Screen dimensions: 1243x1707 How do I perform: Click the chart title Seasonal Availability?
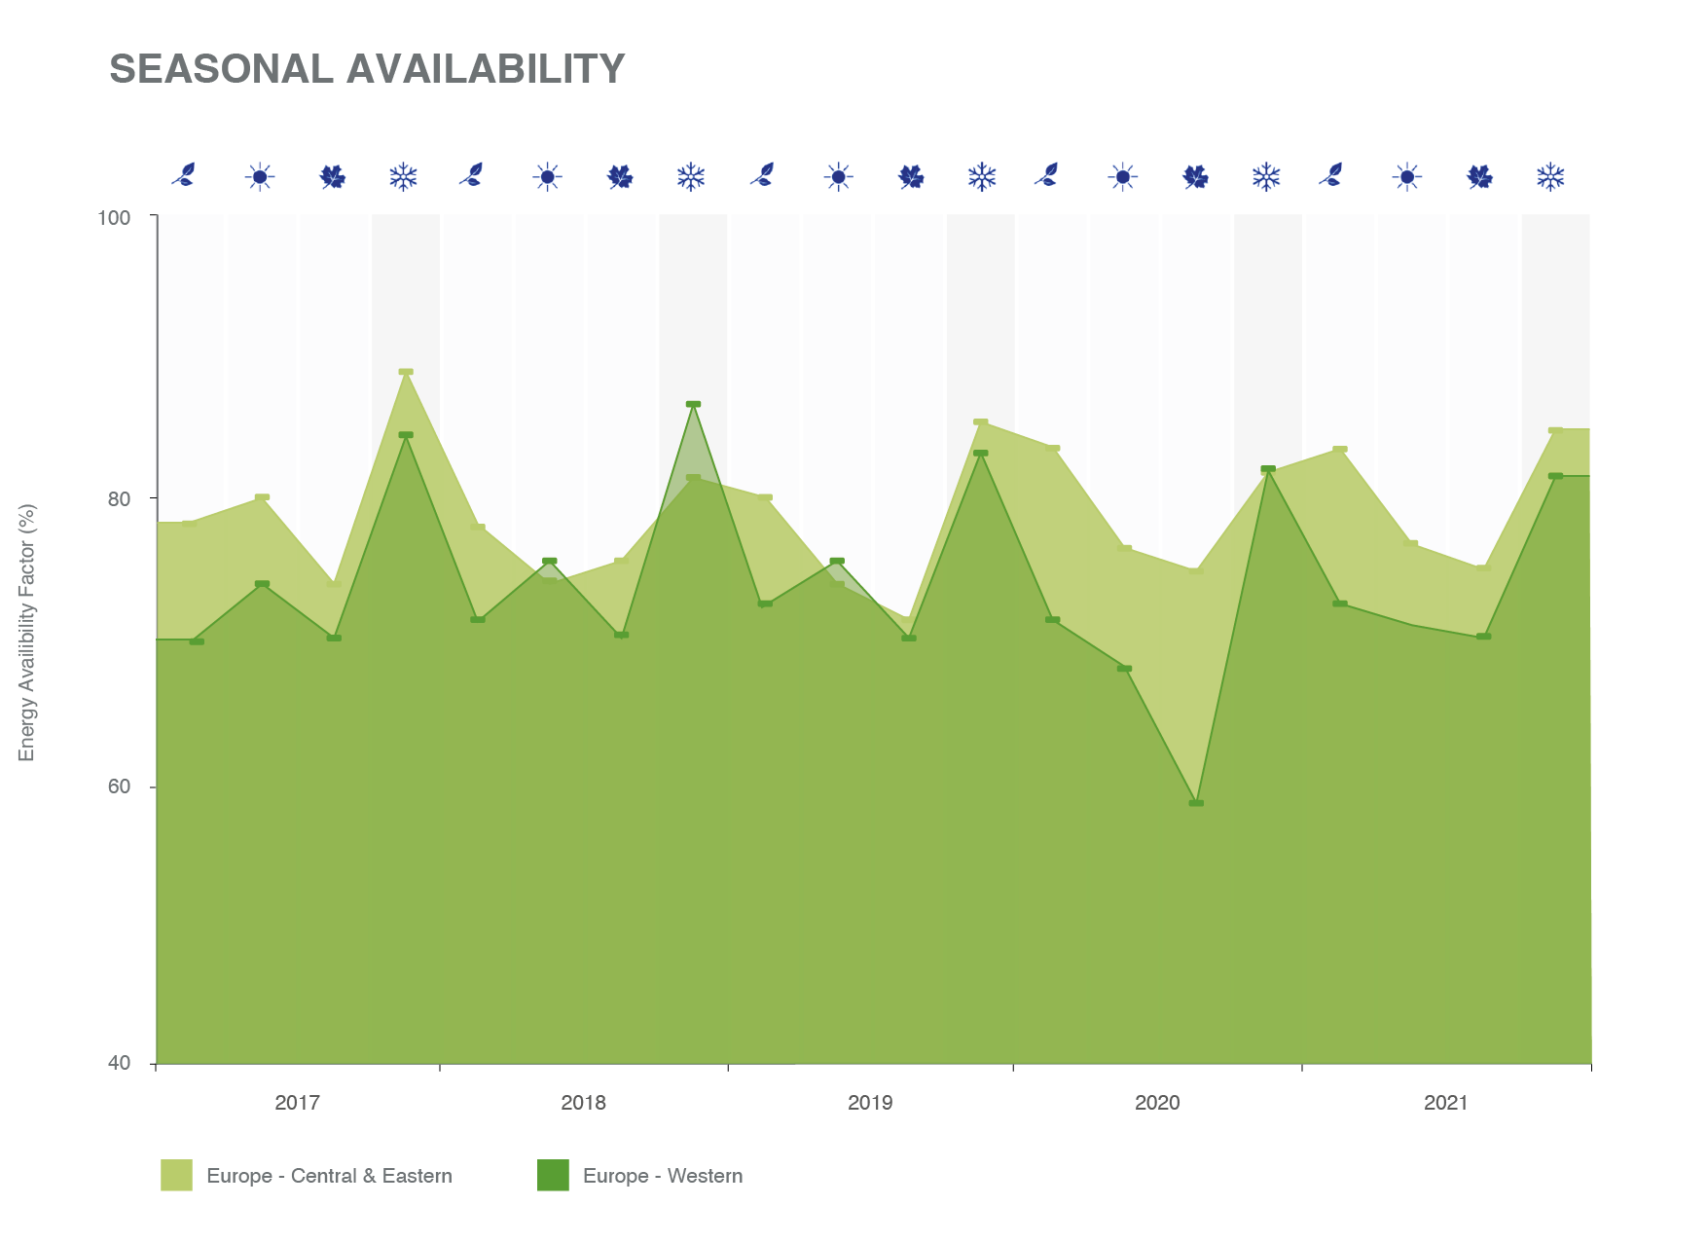click(x=367, y=69)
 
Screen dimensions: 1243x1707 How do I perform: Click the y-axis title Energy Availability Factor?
click(x=26, y=633)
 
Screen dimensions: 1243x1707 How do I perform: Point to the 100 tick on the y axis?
click(x=114, y=217)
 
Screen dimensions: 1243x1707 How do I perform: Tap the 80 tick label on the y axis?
click(x=119, y=499)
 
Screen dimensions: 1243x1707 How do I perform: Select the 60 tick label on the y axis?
click(x=119, y=786)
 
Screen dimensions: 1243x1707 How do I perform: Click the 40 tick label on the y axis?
click(x=119, y=1064)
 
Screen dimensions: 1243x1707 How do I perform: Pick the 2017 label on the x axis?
click(x=297, y=1103)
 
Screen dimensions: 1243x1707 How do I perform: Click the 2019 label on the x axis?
click(x=870, y=1103)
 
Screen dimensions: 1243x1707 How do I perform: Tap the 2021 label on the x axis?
click(x=1445, y=1103)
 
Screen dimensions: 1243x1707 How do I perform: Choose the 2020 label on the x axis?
click(x=1157, y=1103)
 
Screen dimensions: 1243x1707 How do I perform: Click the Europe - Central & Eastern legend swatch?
click(x=176, y=1175)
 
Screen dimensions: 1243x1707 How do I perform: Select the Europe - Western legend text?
click(x=662, y=1176)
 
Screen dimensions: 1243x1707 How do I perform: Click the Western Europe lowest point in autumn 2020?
click(x=1196, y=803)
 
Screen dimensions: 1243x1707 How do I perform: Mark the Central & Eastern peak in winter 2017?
click(x=406, y=372)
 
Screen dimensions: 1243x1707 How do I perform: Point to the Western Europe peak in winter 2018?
click(x=693, y=404)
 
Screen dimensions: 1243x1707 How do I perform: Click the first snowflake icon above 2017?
click(x=403, y=177)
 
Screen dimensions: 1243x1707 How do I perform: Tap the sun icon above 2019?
click(x=838, y=177)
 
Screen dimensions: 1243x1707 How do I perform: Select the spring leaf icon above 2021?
click(x=1333, y=175)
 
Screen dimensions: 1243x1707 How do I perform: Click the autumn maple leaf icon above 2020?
click(x=1195, y=177)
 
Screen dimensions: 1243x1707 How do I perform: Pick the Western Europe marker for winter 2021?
click(x=1555, y=476)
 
